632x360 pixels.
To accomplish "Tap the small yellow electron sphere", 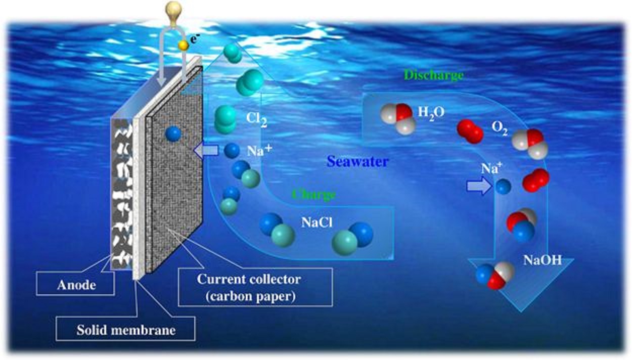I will (184, 46).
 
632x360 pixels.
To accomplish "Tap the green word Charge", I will (313, 194).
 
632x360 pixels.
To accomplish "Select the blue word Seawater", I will (357, 162).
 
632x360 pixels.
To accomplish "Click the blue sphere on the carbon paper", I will (173, 133).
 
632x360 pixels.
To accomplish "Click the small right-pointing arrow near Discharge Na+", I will (478, 187).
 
